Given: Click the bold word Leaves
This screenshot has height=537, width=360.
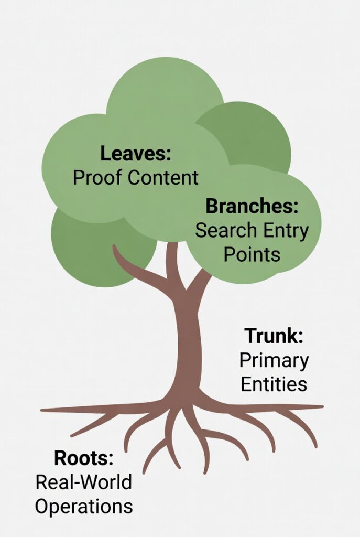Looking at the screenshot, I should (x=136, y=154).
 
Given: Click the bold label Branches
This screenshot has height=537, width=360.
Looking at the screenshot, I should (x=252, y=206).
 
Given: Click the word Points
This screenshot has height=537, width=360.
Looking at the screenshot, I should (x=252, y=254).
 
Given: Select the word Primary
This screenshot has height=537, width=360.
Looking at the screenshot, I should (x=274, y=360).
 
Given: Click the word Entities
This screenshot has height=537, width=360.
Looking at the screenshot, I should (x=274, y=384).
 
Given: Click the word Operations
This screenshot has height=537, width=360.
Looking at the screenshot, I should (x=84, y=507).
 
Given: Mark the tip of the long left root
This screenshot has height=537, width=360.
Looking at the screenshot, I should (x=43, y=410).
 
